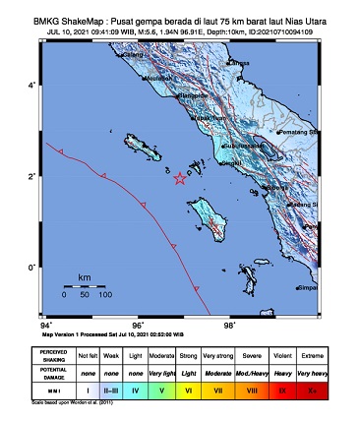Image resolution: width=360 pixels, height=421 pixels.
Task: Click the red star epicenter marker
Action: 179,178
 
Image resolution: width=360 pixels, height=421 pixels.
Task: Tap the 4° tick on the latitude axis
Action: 31,86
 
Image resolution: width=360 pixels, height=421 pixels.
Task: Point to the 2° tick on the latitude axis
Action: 31,176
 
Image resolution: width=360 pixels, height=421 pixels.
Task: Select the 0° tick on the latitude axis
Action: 31,267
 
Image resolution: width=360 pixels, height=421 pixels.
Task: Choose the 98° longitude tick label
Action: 229,324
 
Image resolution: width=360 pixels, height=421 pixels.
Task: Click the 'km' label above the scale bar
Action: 85,277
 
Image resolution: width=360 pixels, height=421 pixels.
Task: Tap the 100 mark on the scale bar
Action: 104,294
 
